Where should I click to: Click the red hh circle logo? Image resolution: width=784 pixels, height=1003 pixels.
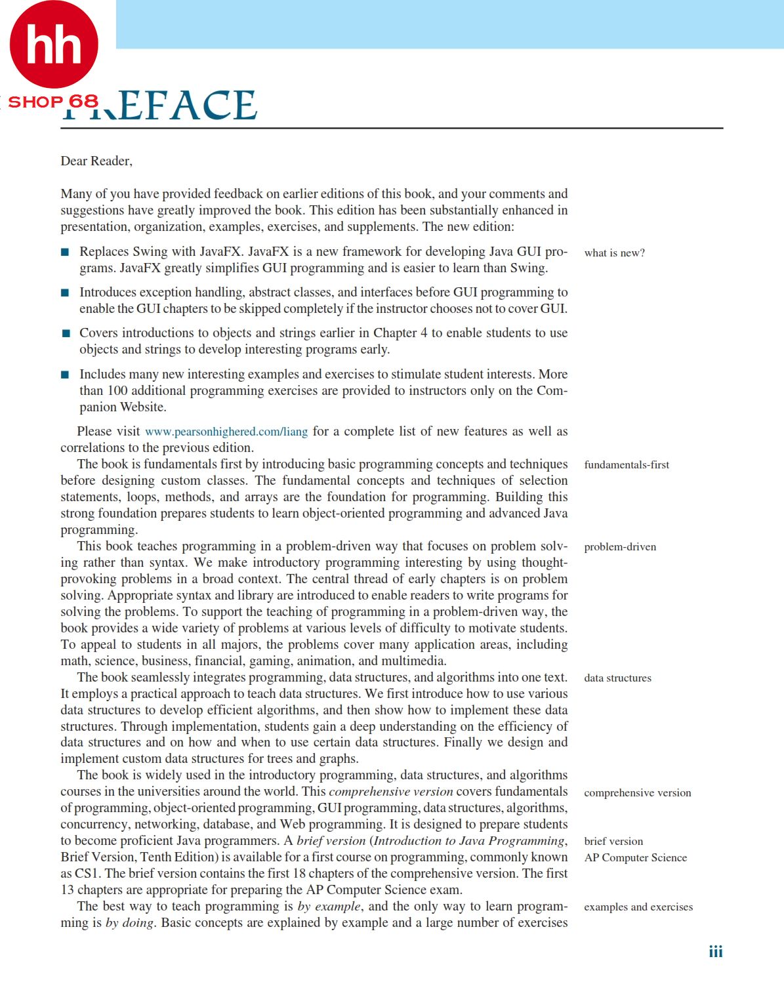pos(54,45)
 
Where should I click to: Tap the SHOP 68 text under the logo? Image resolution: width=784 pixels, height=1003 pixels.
pos(53,102)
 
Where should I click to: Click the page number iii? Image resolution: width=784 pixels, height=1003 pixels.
pos(715,952)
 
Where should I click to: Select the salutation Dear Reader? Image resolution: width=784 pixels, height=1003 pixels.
pos(96,161)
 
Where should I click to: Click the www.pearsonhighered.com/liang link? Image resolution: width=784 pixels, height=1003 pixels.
pos(226,432)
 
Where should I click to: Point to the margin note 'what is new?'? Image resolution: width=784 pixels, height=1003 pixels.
pos(614,253)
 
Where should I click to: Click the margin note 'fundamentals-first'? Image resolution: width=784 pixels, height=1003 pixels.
pos(627,465)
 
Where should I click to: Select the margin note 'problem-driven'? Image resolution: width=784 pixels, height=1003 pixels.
pos(620,547)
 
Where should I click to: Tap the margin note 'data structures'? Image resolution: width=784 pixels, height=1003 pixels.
pos(617,678)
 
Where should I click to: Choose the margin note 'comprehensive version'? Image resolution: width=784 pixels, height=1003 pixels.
pos(637,793)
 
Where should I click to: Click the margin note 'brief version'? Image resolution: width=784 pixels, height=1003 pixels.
pos(613,842)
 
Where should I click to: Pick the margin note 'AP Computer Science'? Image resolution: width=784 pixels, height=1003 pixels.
pos(635,858)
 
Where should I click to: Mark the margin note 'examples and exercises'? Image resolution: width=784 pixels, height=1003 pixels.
pos(638,907)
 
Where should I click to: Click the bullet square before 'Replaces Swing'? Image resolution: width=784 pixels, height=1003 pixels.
pos(65,252)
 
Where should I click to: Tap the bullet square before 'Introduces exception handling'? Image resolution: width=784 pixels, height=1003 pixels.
pos(65,293)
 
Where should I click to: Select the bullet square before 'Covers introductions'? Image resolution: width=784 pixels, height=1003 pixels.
pos(65,333)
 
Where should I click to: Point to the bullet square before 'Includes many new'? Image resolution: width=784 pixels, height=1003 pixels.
pos(65,375)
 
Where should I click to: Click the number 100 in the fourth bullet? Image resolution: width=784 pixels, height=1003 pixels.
pos(117,391)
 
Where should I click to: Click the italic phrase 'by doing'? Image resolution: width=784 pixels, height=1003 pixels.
pos(130,923)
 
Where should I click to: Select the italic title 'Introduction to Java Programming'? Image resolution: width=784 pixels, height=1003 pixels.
pos(469,841)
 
